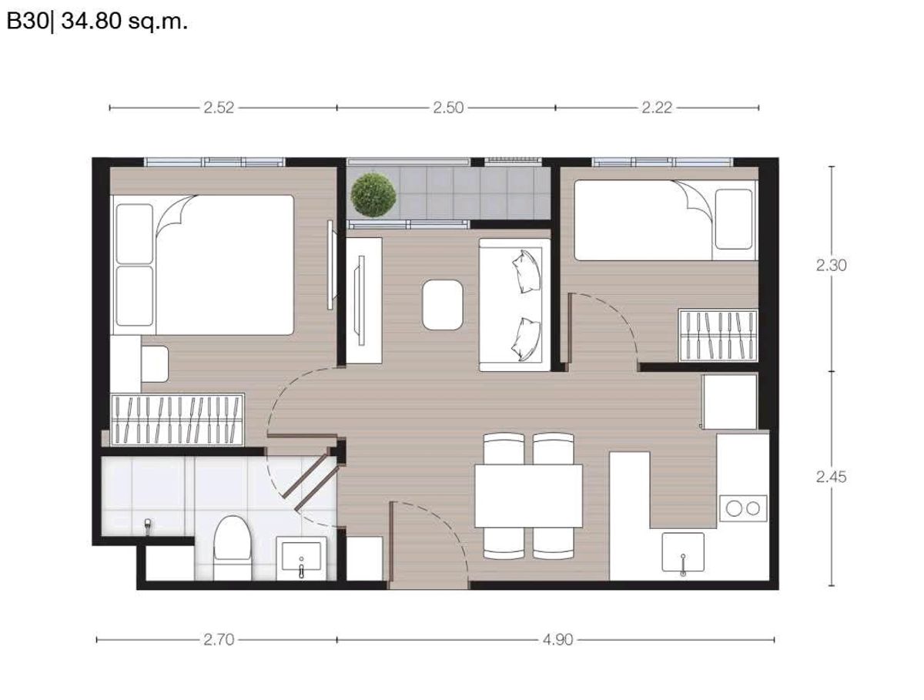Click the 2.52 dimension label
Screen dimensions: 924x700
click(219, 108)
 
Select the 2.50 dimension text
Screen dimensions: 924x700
click(448, 108)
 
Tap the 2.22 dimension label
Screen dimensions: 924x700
click(657, 108)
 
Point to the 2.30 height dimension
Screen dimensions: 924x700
click(831, 266)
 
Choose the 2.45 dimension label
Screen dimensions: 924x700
click(831, 477)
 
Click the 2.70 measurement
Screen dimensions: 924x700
click(219, 640)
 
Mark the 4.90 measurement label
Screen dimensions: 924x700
click(557, 640)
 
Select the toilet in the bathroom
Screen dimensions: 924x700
click(233, 548)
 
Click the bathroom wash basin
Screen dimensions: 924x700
click(301, 558)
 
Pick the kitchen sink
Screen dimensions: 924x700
click(683, 552)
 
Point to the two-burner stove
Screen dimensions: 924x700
click(743, 508)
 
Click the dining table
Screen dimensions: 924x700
click(529, 496)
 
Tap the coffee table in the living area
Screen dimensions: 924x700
click(443, 305)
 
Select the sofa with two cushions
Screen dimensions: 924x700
click(515, 305)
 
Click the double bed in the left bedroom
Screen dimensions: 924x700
click(202, 265)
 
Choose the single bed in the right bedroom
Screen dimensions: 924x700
click(666, 220)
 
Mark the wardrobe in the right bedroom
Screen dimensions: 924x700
click(718, 336)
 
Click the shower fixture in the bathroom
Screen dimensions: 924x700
click(147, 527)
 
